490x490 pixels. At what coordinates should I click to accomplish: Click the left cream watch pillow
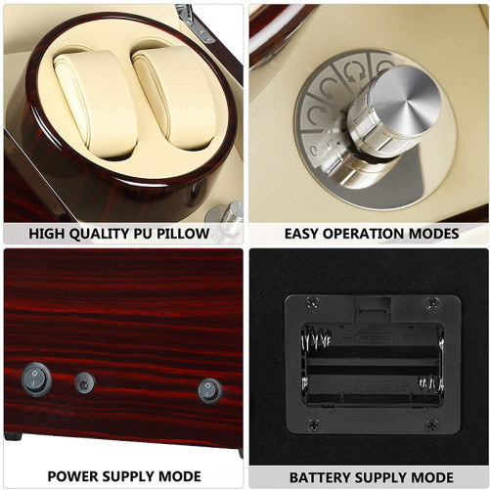click(96, 104)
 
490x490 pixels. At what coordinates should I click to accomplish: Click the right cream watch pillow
click(173, 97)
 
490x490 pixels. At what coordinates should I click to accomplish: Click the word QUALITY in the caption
click(100, 234)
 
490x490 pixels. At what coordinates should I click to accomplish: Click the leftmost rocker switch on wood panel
click(36, 379)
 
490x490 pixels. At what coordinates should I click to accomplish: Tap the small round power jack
click(85, 382)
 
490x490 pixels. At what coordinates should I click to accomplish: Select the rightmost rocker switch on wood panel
click(209, 390)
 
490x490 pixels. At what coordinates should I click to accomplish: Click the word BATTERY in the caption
click(320, 477)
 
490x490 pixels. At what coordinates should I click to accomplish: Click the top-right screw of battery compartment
click(432, 303)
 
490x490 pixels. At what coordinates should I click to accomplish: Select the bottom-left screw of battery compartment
click(314, 423)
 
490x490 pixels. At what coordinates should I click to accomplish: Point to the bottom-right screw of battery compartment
click(432, 424)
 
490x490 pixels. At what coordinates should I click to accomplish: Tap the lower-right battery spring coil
click(430, 383)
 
